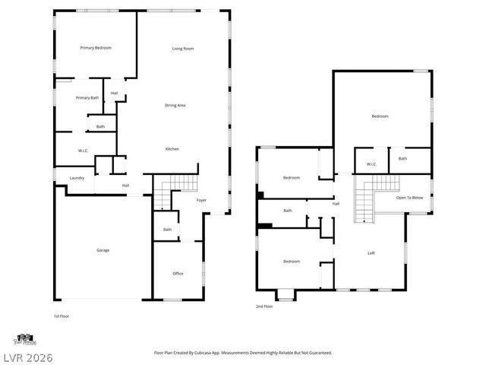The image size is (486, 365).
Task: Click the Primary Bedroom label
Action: pos(96,48)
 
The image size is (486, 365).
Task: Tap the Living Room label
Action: pos(182,49)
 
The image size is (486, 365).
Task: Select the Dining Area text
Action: pos(175,105)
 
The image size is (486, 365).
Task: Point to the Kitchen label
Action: pos(172,149)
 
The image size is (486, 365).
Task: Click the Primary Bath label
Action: pos(87,97)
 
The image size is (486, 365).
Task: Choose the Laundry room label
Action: pos(77,178)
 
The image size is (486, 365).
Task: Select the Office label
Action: pos(178,274)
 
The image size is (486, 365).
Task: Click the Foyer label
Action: pos(201,200)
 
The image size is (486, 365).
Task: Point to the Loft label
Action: pos(371,253)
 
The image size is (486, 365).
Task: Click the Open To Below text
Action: pos(409,198)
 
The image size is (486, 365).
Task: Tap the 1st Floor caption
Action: pos(62,316)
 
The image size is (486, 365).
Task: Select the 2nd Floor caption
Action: pos(264,306)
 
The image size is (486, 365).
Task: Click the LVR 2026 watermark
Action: pos(27,356)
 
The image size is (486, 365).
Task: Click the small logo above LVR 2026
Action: pos(24,338)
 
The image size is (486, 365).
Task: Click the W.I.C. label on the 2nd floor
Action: pos(371,164)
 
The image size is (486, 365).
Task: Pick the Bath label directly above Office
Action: pos(167,230)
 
